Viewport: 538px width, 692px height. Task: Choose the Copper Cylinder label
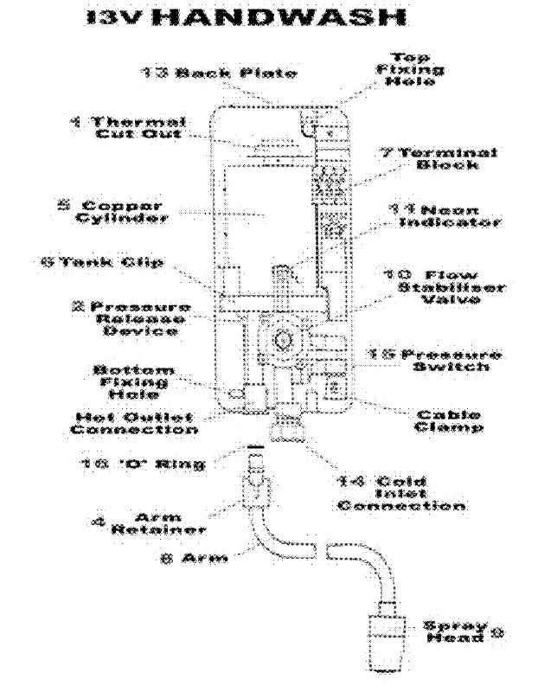[x=125, y=210]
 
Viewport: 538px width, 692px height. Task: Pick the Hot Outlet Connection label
[x=134, y=421]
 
